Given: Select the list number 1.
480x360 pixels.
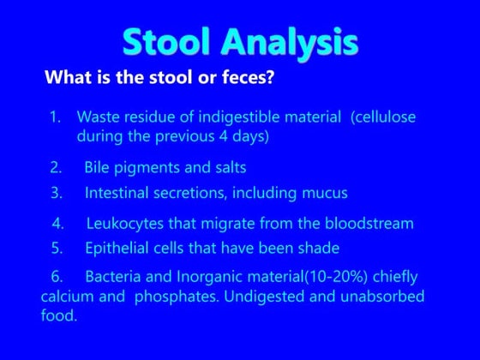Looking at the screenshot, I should point(56,116).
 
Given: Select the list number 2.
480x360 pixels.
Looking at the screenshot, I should point(56,167).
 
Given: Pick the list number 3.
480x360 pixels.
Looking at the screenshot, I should point(56,193).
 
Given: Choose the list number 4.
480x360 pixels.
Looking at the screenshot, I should point(57,224).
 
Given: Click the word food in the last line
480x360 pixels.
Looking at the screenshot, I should point(57,315).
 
